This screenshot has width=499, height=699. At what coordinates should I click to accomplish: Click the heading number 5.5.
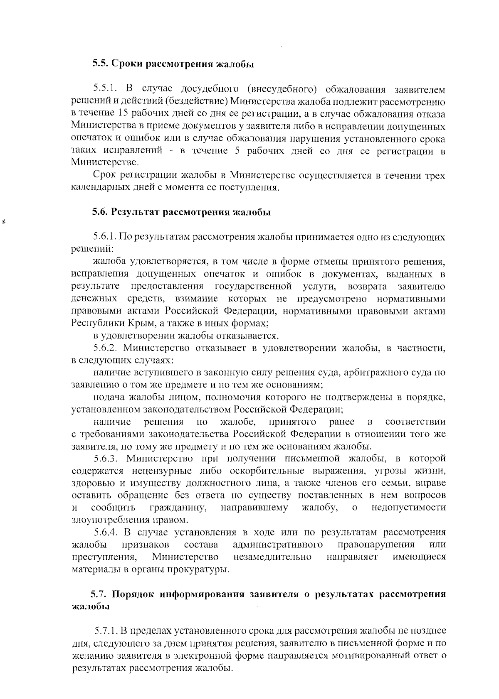click(x=100, y=64)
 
